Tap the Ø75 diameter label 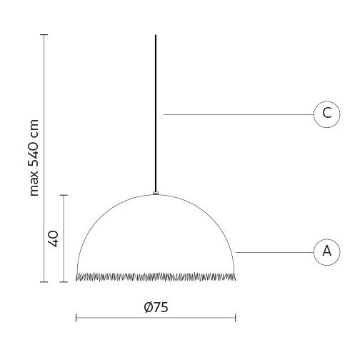tap(156, 307)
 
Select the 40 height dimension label tap(53, 239)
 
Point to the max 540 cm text tap(34, 158)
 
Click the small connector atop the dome tap(156, 193)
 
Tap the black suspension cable tap(156, 113)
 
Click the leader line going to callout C tap(239, 114)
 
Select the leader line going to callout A tap(275, 252)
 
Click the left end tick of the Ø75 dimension tap(76, 318)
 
